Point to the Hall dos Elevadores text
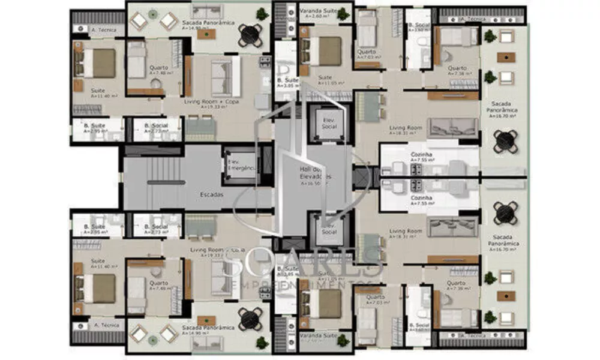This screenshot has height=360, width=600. pyautogui.click(x=316, y=174)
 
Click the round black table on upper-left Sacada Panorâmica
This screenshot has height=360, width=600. pyautogui.click(x=250, y=35)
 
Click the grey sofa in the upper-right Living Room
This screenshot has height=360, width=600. pyautogui.click(x=452, y=127)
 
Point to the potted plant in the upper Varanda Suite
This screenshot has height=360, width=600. pyautogui.click(x=343, y=13)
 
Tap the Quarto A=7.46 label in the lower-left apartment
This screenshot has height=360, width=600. pyautogui.click(x=159, y=286)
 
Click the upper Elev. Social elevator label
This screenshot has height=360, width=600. pyautogui.click(x=329, y=122)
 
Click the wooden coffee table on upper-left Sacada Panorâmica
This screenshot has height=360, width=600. pyautogui.click(x=206, y=34)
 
